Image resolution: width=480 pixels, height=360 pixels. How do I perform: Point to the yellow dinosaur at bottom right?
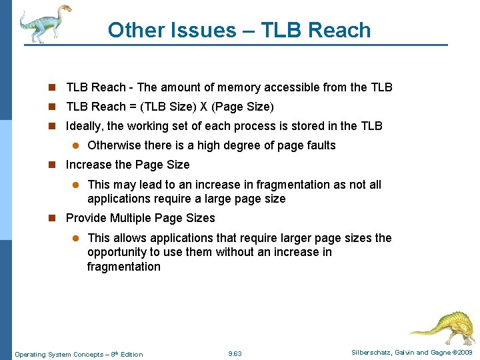coord(441,326)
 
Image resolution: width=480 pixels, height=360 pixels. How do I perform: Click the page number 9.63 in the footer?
coord(235,353)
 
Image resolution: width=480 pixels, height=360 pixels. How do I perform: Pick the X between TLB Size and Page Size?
coord(204,107)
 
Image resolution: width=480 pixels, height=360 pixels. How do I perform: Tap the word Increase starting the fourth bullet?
coord(90,165)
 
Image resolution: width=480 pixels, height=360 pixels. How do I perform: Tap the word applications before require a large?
coord(119,199)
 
